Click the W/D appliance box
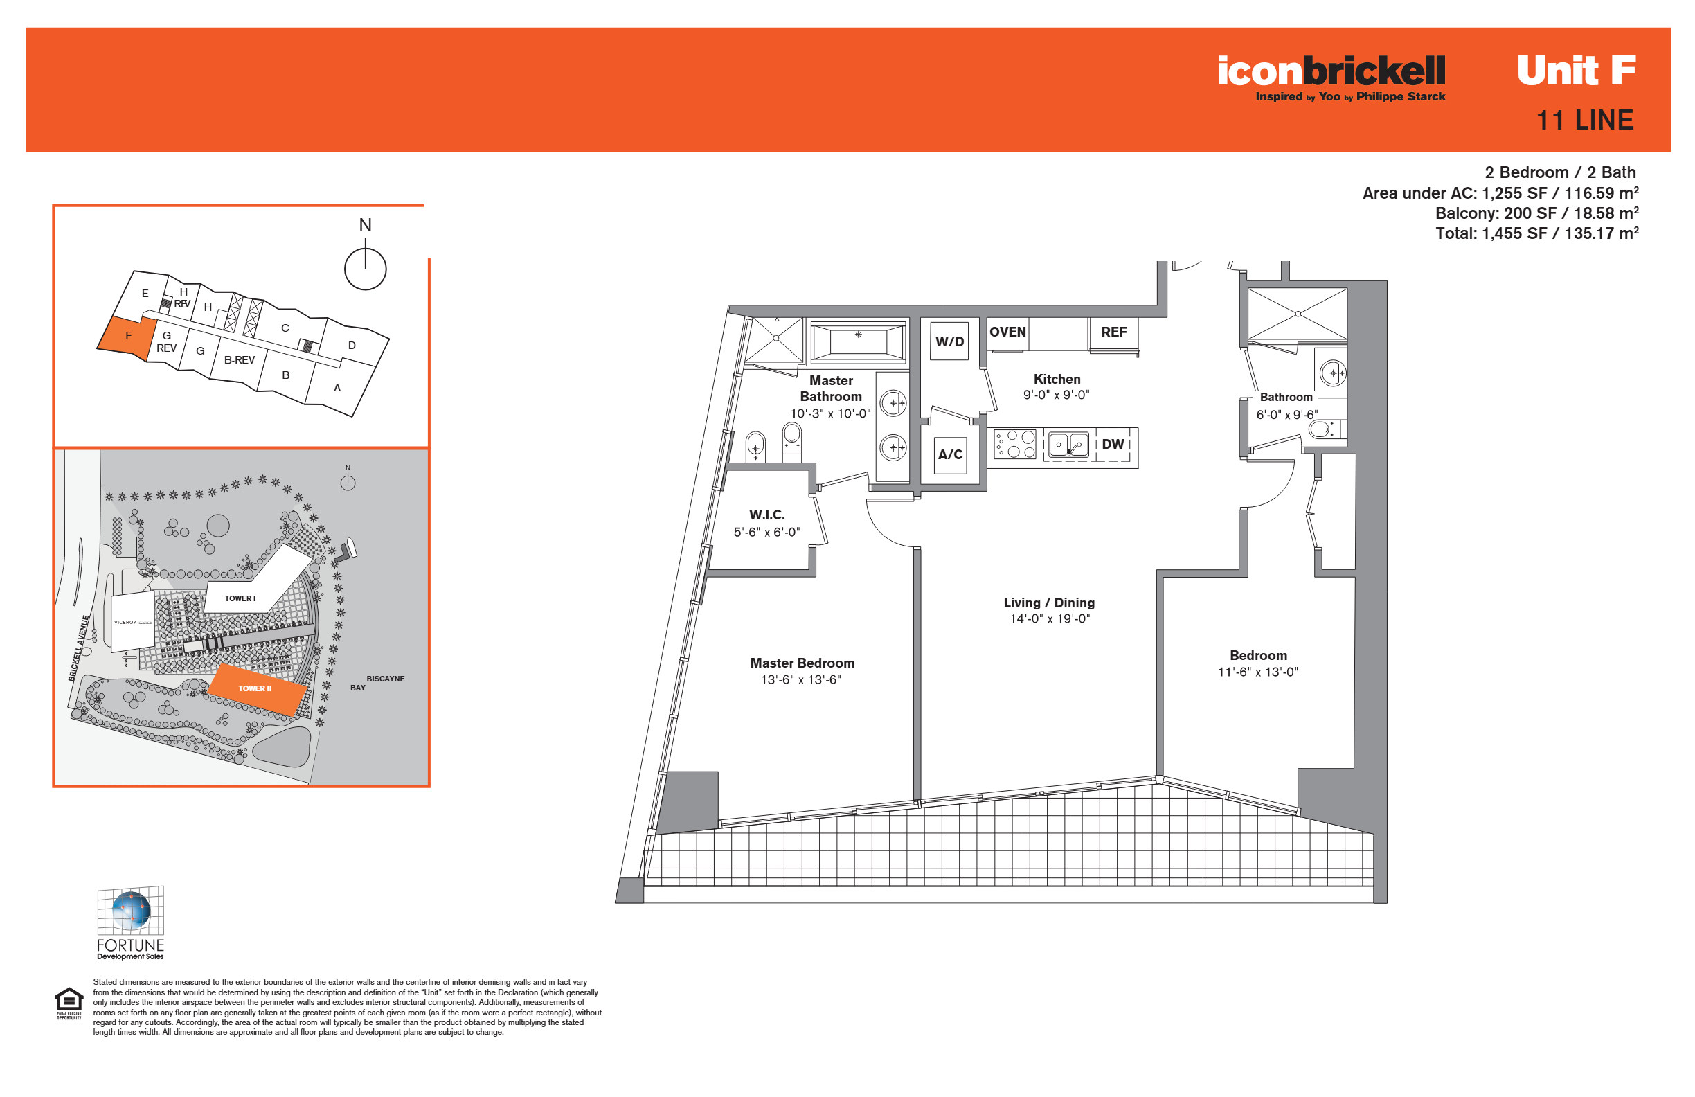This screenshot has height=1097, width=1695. tap(949, 341)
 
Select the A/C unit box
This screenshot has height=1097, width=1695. tap(950, 455)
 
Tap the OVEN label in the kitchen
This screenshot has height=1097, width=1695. tap(1007, 332)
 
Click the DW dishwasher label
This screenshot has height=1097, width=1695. tap(1113, 445)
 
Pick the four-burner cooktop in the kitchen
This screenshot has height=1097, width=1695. tap(1015, 444)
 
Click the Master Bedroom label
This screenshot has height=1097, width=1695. tap(802, 663)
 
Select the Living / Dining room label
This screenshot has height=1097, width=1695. tap(1049, 603)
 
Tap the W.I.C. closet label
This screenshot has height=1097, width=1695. tap(767, 515)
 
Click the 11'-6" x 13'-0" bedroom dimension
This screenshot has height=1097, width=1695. tap(1257, 672)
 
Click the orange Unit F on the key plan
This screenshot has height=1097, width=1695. tap(127, 336)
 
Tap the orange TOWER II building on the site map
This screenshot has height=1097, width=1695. tap(257, 690)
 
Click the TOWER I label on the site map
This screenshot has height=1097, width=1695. tap(240, 599)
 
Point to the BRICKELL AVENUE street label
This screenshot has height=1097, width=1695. tap(79, 648)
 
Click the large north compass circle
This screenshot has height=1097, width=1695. tap(366, 269)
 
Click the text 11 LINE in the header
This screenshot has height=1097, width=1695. tap(1585, 121)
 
